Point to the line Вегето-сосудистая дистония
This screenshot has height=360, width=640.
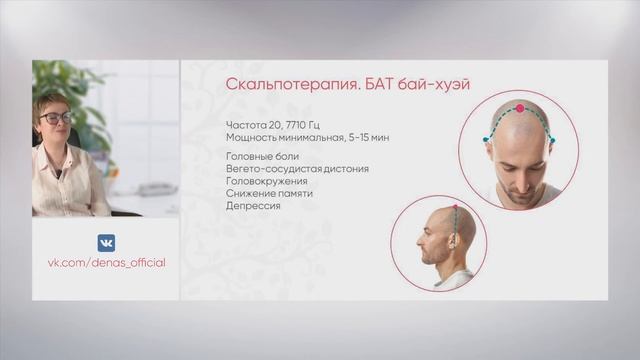297,169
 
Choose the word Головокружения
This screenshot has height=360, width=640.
265,181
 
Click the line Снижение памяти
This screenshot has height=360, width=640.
265,193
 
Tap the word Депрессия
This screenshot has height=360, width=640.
252,205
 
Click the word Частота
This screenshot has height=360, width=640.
243,125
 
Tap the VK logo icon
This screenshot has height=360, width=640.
106,243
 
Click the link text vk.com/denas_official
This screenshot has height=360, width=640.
106,262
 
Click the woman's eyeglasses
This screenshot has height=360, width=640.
57,118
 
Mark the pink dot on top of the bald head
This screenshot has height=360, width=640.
520,107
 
